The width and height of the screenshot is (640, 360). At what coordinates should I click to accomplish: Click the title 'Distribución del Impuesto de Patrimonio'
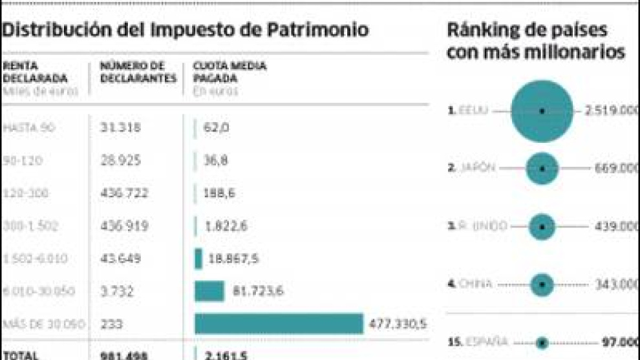pyautogui.click(x=186, y=30)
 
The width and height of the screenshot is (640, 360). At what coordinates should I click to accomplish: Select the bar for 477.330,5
pyautogui.click(x=279, y=324)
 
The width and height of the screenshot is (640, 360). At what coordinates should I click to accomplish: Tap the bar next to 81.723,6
pyautogui.click(x=209, y=291)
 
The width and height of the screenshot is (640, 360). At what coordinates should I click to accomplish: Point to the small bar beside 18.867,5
pyautogui.click(x=198, y=259)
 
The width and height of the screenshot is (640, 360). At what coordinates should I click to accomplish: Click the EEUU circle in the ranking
pyautogui.click(x=542, y=111)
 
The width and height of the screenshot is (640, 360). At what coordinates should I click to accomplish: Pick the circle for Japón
pyautogui.click(x=542, y=169)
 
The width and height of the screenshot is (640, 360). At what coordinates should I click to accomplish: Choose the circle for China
pyautogui.click(x=542, y=284)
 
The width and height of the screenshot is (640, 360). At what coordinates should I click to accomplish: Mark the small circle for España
pyautogui.click(x=542, y=343)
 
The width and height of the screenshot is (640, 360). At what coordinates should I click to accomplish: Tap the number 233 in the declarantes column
pyautogui.click(x=111, y=324)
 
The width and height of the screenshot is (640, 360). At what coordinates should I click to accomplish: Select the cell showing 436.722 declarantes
pyautogui.click(x=124, y=193)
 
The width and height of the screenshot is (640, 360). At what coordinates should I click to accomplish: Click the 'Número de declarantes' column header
pyautogui.click(x=138, y=72)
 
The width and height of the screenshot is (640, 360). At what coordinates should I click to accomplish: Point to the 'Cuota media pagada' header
pyautogui.click(x=229, y=72)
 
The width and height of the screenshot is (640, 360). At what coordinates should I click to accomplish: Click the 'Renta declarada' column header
pyautogui.click(x=35, y=72)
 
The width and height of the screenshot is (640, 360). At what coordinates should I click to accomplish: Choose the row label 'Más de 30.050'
pyautogui.click(x=43, y=324)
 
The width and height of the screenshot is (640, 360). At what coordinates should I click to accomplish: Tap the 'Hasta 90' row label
pyautogui.click(x=28, y=129)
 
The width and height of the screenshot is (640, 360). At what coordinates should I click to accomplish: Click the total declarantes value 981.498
pyautogui.click(x=125, y=354)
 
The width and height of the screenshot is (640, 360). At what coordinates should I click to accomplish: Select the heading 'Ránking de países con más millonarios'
pyautogui.click(x=535, y=41)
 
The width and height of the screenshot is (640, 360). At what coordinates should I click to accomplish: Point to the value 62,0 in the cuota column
pyautogui.click(x=216, y=129)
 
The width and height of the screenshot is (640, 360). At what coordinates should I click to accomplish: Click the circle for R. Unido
pyautogui.click(x=542, y=227)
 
